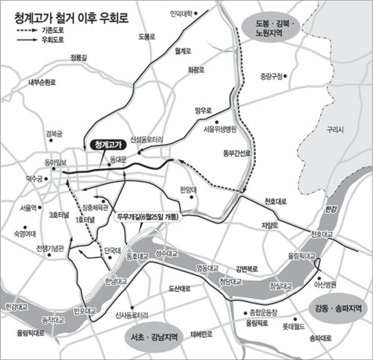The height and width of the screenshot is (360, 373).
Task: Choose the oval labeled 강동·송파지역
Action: pos(334,307)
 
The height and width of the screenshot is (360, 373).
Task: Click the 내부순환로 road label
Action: pos(42,83)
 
